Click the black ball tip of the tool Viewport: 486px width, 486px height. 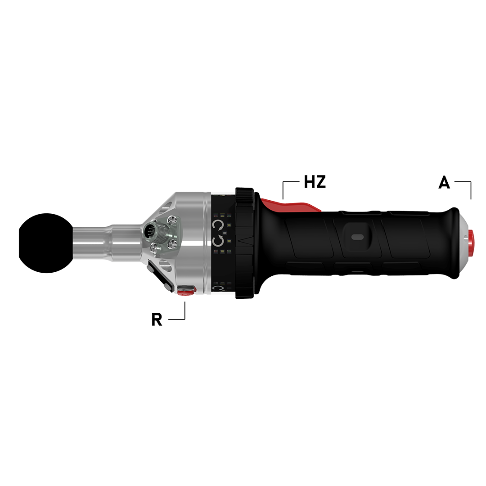pos(46,243)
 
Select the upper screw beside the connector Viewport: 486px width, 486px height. pos(173,220)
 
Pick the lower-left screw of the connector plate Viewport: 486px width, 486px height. pos(153,247)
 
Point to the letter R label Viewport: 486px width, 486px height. pos(157,319)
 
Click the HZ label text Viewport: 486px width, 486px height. pos(315,182)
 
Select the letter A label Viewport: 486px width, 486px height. pos(444,182)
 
